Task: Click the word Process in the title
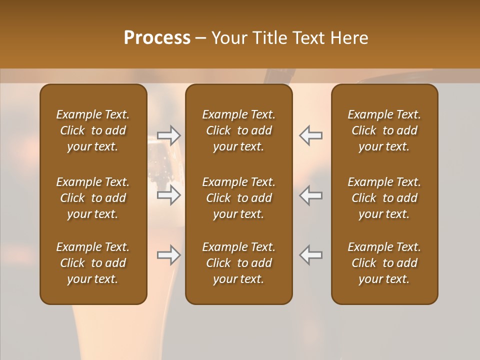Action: [x=157, y=38]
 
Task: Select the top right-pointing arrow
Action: [x=169, y=135]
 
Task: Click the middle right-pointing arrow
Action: [x=169, y=195]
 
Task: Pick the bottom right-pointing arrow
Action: [x=169, y=255]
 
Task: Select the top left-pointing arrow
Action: [x=310, y=135]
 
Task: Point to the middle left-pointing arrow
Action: [x=310, y=195]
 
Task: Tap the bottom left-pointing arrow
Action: [x=310, y=255]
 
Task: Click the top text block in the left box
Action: [x=93, y=130]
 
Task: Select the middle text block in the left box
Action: [x=93, y=198]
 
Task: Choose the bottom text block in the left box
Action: [x=93, y=263]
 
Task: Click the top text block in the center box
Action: [x=238, y=130]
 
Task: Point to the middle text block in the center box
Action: [x=238, y=198]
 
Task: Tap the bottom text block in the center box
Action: [x=238, y=263]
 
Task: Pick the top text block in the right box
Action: [x=384, y=130]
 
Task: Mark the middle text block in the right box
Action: [x=384, y=198]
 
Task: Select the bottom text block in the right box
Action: [x=384, y=263]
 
